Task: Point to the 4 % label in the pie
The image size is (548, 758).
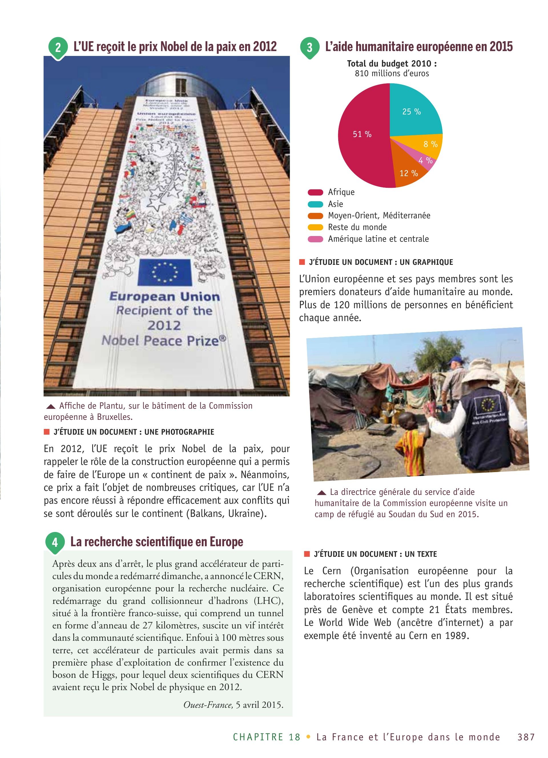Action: tap(425, 161)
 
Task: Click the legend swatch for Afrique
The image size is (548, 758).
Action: tap(315, 192)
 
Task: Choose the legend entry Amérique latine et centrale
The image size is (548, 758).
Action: tap(378, 239)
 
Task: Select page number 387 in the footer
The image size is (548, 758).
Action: tap(526, 737)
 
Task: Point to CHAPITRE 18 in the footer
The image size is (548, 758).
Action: tap(267, 737)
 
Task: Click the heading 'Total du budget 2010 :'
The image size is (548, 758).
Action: tap(392, 64)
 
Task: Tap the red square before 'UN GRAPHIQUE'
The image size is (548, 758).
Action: tap(302, 262)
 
